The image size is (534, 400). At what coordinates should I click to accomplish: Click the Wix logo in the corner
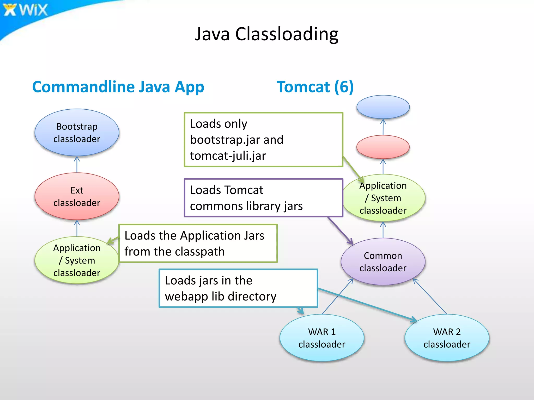(x=26, y=10)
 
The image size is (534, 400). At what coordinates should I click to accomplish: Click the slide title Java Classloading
(x=266, y=34)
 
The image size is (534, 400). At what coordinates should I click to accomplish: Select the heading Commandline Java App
(x=118, y=87)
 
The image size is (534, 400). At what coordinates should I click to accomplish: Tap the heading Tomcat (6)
(x=315, y=87)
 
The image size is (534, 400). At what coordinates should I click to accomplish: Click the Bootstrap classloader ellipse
(x=77, y=133)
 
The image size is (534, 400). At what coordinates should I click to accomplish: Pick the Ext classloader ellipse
(x=77, y=196)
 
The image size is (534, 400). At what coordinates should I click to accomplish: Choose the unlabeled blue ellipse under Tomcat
(x=383, y=107)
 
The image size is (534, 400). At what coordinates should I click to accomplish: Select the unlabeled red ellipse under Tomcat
(x=383, y=147)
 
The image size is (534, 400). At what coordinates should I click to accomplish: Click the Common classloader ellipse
(x=383, y=261)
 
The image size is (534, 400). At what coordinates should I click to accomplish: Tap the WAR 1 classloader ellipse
(x=322, y=338)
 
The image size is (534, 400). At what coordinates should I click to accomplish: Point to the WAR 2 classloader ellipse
(x=447, y=338)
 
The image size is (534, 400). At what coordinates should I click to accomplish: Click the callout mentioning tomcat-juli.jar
(x=263, y=140)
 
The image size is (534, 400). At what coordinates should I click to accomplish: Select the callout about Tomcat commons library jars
(x=263, y=198)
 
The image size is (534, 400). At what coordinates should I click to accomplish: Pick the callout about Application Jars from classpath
(x=198, y=243)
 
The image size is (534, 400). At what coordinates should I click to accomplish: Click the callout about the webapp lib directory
(x=238, y=288)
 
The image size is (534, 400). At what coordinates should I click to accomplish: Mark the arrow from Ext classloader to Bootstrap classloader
(x=77, y=164)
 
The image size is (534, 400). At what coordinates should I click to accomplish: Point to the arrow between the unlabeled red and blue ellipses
(x=383, y=127)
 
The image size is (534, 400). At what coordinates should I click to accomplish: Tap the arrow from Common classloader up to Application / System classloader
(x=383, y=230)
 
